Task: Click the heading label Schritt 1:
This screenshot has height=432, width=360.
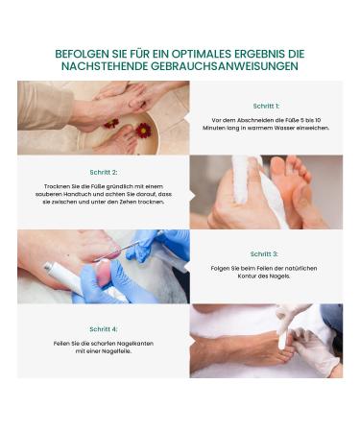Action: tap(266, 106)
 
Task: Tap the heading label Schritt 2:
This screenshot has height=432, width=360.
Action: tap(104, 172)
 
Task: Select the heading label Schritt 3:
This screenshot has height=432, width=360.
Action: tap(264, 254)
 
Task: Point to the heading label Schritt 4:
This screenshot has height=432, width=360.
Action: tap(104, 329)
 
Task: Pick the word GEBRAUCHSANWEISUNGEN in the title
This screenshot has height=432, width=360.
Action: tap(225, 66)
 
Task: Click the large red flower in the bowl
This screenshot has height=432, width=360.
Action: tap(143, 131)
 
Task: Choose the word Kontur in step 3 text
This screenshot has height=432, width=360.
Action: tap(247, 276)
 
